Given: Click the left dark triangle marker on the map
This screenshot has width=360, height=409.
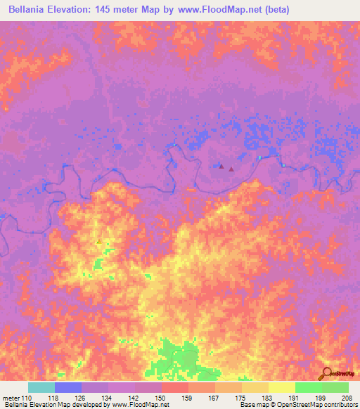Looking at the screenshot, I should pyautogui.click(x=221, y=167).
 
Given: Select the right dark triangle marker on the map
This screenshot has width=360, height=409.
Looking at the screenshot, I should pyautogui.click(x=231, y=169).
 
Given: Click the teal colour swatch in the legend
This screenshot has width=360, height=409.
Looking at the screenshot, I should pyautogui.click(x=41, y=387).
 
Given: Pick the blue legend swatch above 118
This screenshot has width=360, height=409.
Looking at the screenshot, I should pyautogui.click(x=67, y=387).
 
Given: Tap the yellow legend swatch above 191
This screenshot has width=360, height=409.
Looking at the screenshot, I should pyautogui.click(x=281, y=387).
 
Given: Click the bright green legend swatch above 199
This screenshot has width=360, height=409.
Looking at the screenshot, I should pyautogui.click(x=308, y=387).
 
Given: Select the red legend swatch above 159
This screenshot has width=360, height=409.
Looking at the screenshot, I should pyautogui.click(x=174, y=387).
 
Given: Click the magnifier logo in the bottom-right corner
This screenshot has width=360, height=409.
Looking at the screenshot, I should pyautogui.click(x=326, y=374).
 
